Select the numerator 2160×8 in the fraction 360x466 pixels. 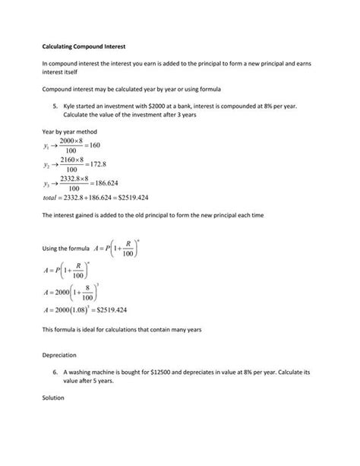click(75, 159)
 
